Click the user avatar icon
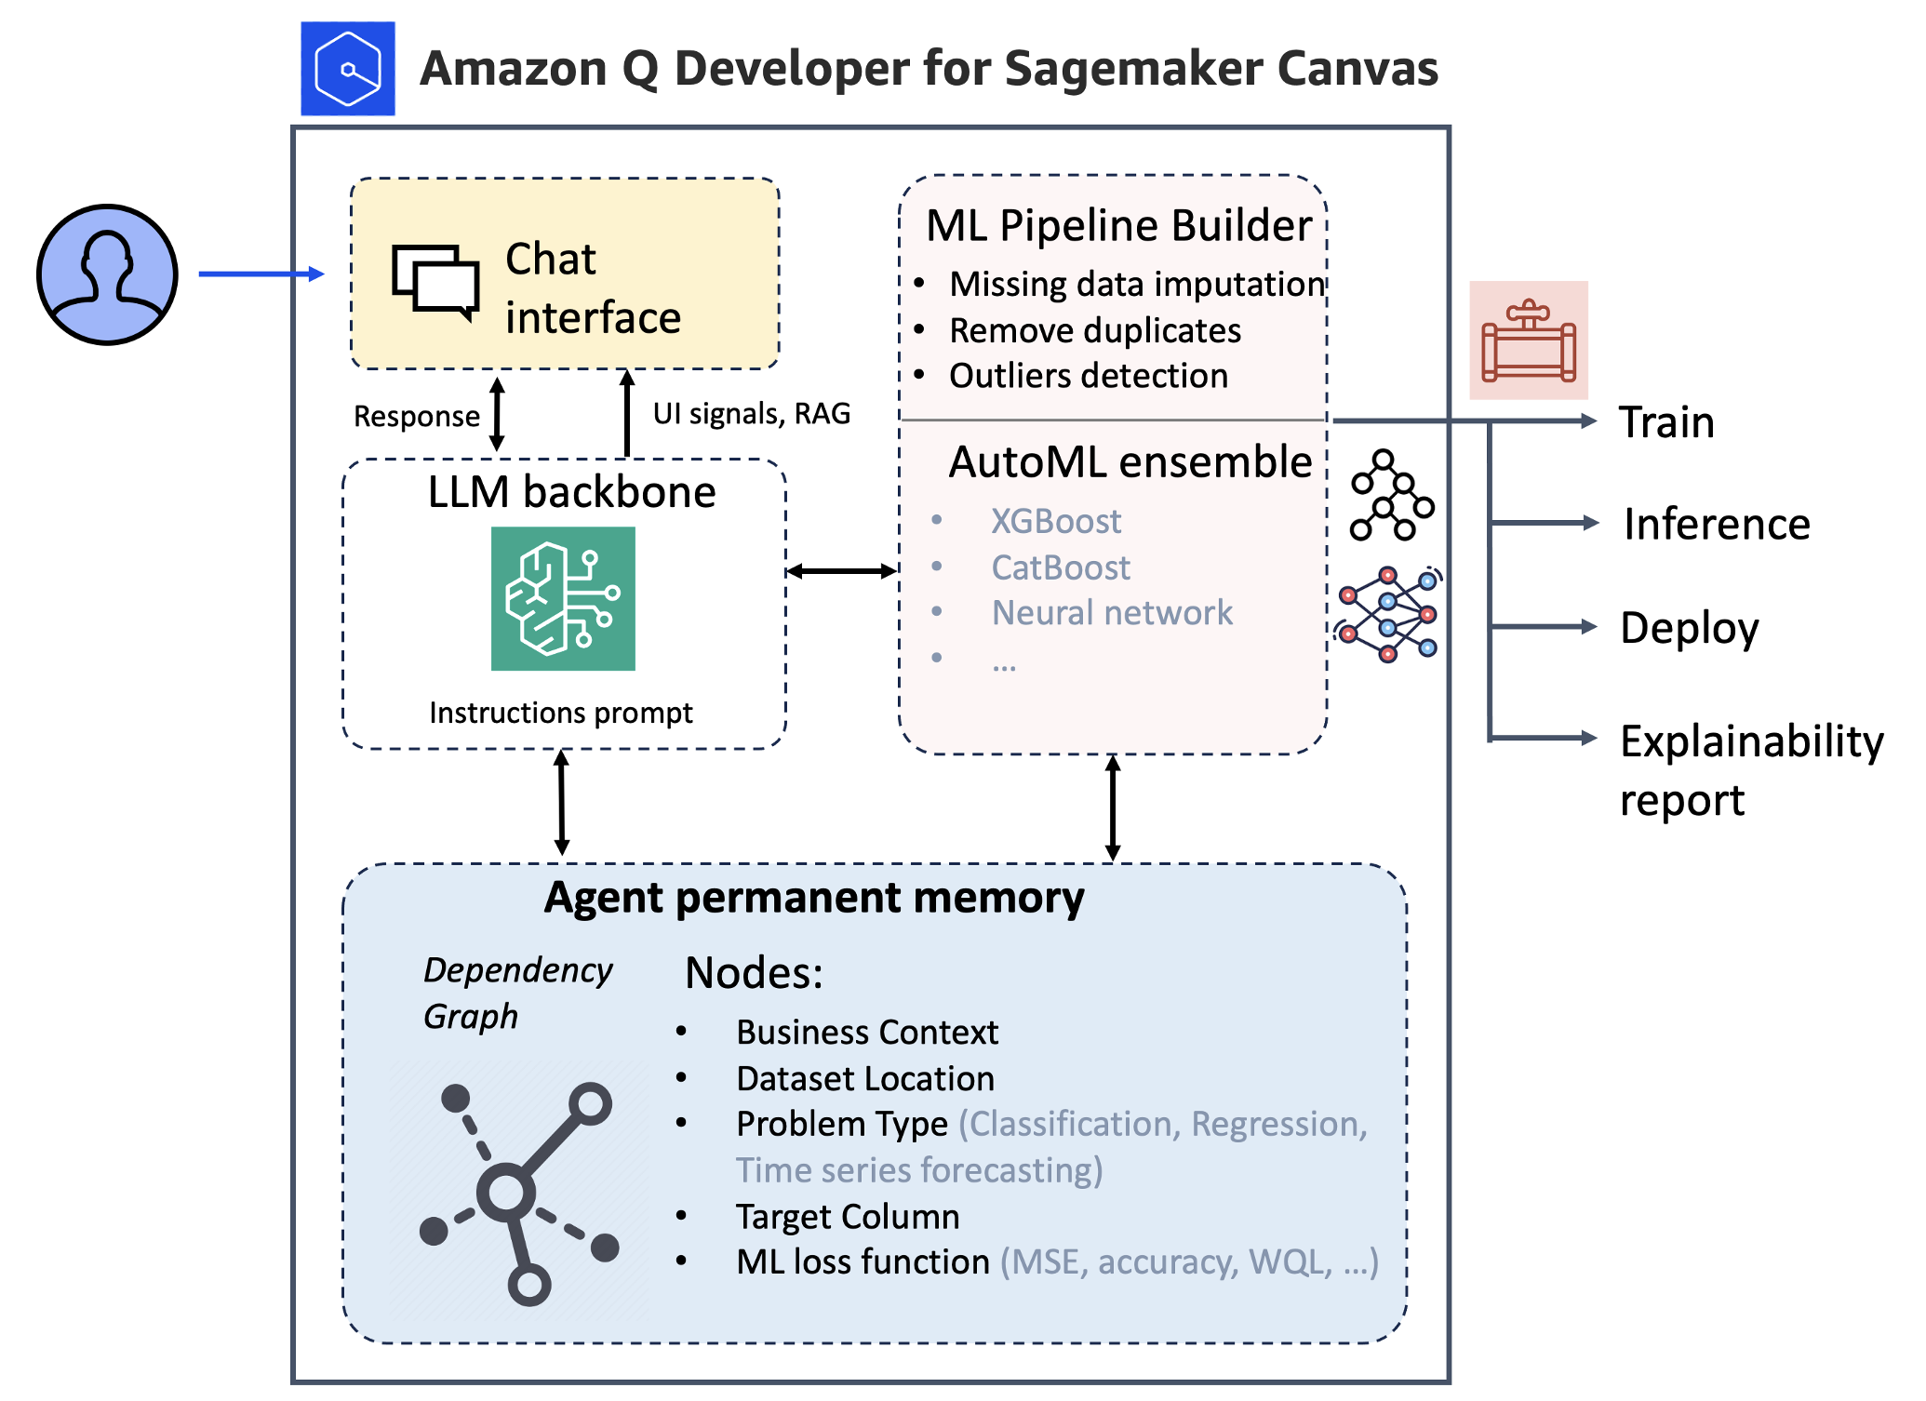pyautogui.click(x=107, y=274)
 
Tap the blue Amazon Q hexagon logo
pyautogui.click(x=347, y=69)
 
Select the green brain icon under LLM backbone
pyautogui.click(x=563, y=598)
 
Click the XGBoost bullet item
pyautogui.click(x=1055, y=521)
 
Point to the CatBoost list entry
pyautogui.click(x=1060, y=567)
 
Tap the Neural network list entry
pyautogui.click(x=1111, y=613)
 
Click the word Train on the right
pyautogui.click(x=1666, y=422)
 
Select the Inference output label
pyautogui.click(x=1717, y=524)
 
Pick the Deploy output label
pyautogui.click(x=1689, y=628)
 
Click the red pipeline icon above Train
pyautogui.click(x=1529, y=340)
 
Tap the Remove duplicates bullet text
pyautogui.click(x=1094, y=330)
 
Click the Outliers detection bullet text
pyautogui.click(x=1088, y=376)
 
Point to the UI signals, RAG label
pyautogui.click(x=751, y=413)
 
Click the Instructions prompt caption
pyautogui.click(x=560, y=713)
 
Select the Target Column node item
pyautogui.click(x=847, y=1217)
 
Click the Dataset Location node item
pyautogui.click(x=864, y=1079)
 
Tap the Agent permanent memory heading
pyautogui.click(x=814, y=898)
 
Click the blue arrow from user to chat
pyautogui.click(x=261, y=274)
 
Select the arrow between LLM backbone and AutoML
pyautogui.click(x=841, y=571)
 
